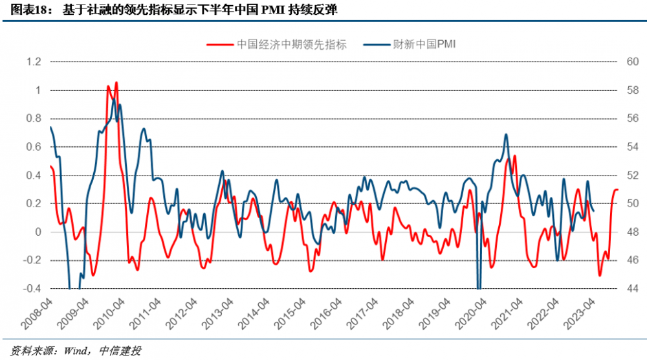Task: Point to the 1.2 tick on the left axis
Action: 34,62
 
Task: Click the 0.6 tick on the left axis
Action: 34,147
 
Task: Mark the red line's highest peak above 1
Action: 116,82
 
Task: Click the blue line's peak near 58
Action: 114,100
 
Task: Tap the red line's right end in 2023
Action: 617,190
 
